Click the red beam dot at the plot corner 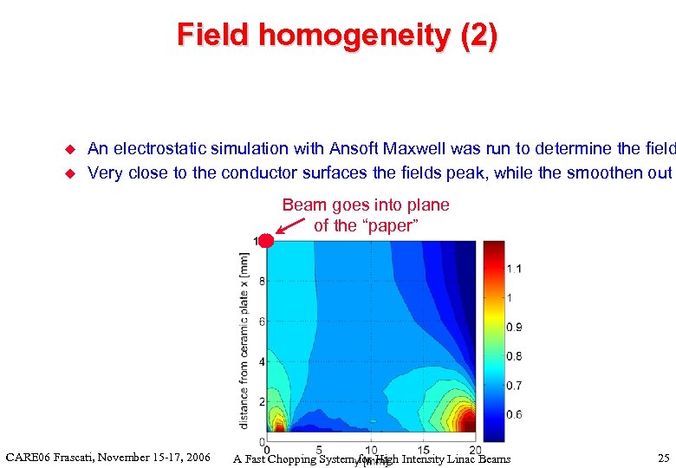(x=266, y=241)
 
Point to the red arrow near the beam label (x=292, y=227)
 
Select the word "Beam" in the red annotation (x=302, y=205)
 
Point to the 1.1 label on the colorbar (x=514, y=269)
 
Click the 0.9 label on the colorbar (x=514, y=327)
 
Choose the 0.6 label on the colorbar (x=514, y=414)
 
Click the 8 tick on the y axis (x=261, y=281)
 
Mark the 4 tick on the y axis (x=261, y=361)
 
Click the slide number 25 (x=664, y=458)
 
